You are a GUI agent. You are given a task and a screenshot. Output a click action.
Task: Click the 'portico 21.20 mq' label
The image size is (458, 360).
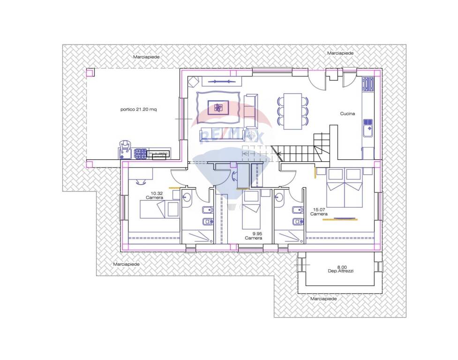pyautogui.click(x=138, y=110)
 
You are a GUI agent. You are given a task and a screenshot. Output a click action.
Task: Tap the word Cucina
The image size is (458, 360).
pyautogui.click(x=347, y=113)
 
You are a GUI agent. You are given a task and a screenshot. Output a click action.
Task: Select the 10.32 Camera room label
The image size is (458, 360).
pyautogui.click(x=155, y=195)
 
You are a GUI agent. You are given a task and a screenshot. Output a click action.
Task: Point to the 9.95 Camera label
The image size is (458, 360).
pyautogui.click(x=254, y=236)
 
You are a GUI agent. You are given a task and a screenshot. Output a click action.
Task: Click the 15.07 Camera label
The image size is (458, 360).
pyautogui.click(x=319, y=212)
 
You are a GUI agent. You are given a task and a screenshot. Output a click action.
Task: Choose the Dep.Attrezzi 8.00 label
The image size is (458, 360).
pyautogui.click(x=341, y=269)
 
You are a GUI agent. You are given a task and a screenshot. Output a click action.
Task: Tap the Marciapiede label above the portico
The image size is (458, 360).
pyautogui.click(x=146, y=57)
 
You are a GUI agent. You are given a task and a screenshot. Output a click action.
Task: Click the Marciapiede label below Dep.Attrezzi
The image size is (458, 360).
pyautogui.click(x=323, y=299)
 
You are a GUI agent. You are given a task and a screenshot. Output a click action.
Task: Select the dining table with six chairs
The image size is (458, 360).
pyautogui.click(x=293, y=111)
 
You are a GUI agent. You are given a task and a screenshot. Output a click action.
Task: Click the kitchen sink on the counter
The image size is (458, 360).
pyautogui.click(x=368, y=128)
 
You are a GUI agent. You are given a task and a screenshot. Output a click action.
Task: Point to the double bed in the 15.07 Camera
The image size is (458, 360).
pyautogui.click(x=345, y=187)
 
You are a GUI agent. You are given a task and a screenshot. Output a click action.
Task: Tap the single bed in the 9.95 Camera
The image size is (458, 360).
pyautogui.click(x=251, y=210)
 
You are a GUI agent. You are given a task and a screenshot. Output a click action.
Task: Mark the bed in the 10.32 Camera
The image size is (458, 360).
pyautogui.click(x=159, y=210)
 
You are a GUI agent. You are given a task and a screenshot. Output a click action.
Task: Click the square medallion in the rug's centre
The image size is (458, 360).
pyautogui.click(x=218, y=108)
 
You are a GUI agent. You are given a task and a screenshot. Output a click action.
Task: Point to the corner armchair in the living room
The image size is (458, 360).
pyautogui.click(x=193, y=81)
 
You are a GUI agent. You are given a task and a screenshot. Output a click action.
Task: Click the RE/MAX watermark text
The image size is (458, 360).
pyautogui.click(x=231, y=137)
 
